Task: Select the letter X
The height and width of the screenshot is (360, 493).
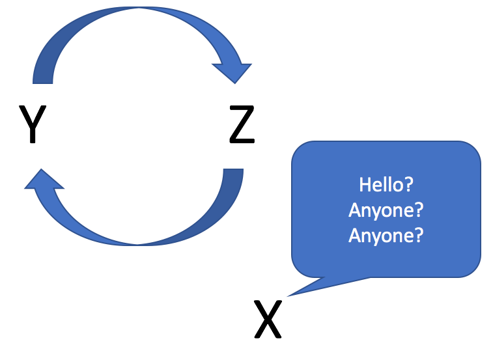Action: point(268,319)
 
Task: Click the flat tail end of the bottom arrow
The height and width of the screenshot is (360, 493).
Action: point(233,171)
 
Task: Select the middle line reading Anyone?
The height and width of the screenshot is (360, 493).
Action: point(386,210)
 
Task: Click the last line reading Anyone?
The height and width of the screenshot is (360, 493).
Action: point(386,235)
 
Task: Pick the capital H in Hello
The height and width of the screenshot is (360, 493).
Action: point(365,184)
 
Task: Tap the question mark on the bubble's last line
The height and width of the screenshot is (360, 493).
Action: point(418,235)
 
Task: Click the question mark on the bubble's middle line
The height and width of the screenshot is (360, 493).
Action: point(418,210)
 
